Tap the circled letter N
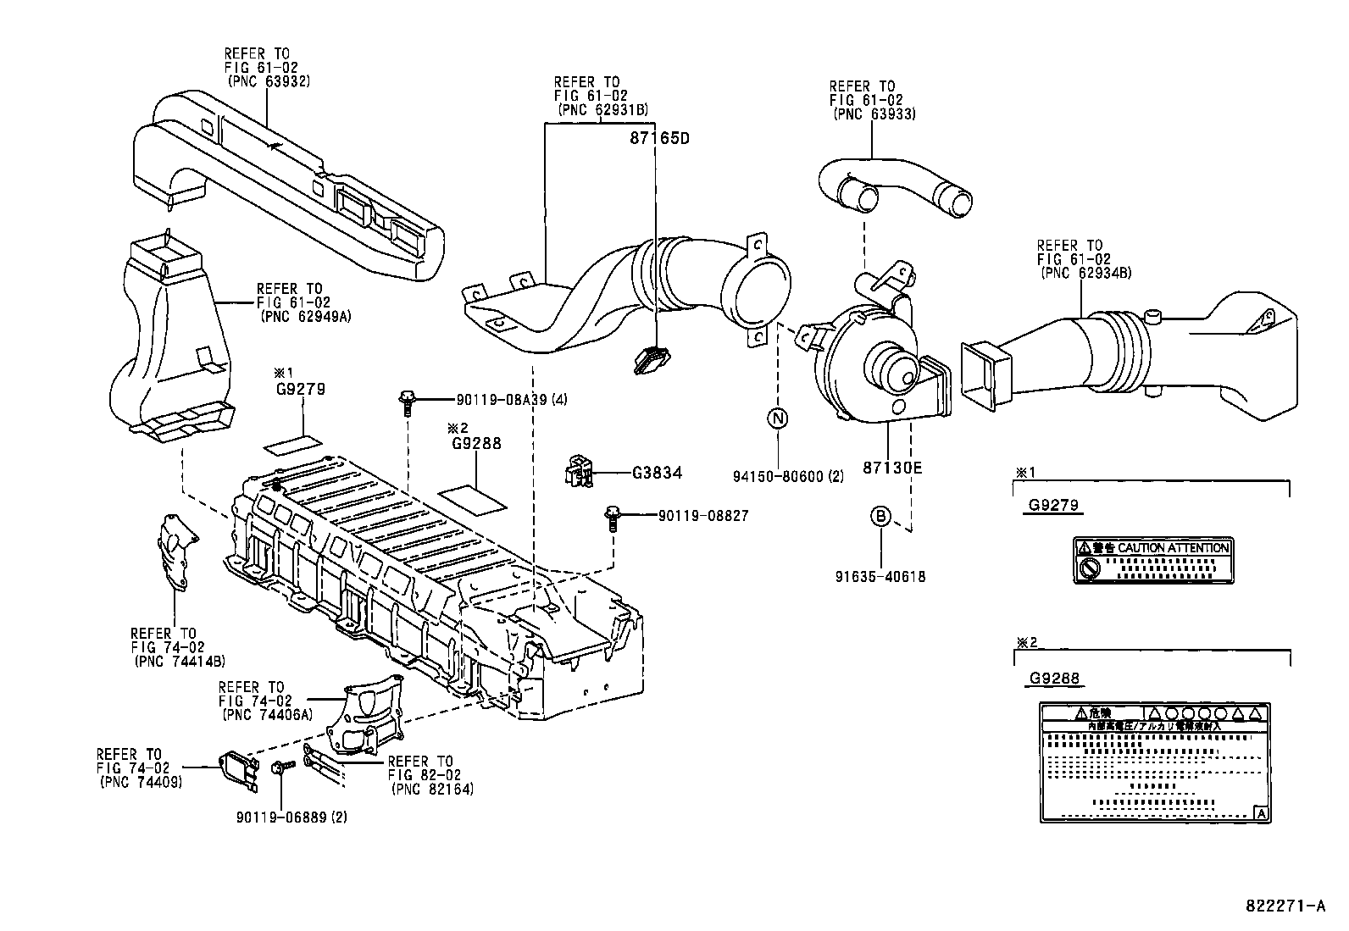pos(777,418)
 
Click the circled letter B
pos(880,515)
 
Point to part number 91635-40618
pos(880,577)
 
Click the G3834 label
pos(657,474)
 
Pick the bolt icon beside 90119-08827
pos(611,517)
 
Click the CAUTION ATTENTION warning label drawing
pos(1153,560)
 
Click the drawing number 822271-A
pos(1285,906)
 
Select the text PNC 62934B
pos(1085,273)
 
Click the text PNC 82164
pos(432,789)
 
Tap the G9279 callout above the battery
pos(301,389)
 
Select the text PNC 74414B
pos(179,661)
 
